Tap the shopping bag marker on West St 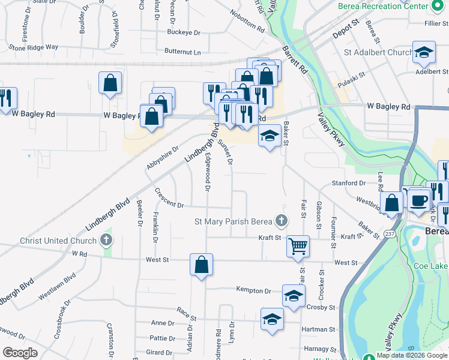click(x=202, y=264)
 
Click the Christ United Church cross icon click(x=106, y=241)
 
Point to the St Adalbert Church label click(x=378, y=53)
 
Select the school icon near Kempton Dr click(x=294, y=295)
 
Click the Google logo click(x=19, y=353)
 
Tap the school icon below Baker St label click(x=270, y=137)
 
